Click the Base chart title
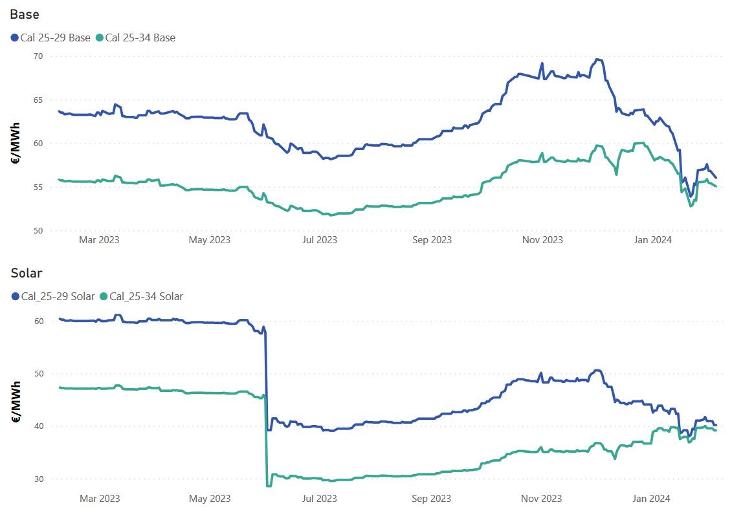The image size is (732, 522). (x=25, y=15)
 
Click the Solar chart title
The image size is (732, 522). (x=27, y=274)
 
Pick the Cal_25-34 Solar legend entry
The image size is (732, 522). (x=146, y=296)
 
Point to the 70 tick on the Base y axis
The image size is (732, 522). (x=38, y=56)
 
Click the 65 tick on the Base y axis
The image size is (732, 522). (x=38, y=100)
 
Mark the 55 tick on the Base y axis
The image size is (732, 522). (x=38, y=188)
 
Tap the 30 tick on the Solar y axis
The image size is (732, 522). (x=38, y=479)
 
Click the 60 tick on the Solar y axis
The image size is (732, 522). (x=38, y=321)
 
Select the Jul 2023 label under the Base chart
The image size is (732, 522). (x=320, y=240)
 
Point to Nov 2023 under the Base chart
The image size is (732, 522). (x=542, y=240)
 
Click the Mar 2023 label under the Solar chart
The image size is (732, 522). (x=99, y=499)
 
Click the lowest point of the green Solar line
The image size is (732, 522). (x=267, y=486)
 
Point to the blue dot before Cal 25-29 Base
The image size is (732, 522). (x=15, y=38)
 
